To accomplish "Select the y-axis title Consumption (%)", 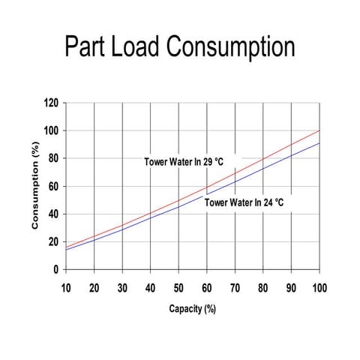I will click(34, 187).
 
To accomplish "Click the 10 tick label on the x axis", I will click(66, 289).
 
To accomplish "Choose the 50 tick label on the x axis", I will click(178, 289).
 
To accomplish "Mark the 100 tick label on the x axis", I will click(319, 289).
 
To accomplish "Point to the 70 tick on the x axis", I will click(235, 289).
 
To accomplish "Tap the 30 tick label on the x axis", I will click(122, 289).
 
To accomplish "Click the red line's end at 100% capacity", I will click(319, 130).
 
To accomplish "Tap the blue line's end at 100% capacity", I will click(319, 143).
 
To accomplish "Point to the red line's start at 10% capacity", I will click(66, 247).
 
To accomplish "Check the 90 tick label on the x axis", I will click(291, 289).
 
